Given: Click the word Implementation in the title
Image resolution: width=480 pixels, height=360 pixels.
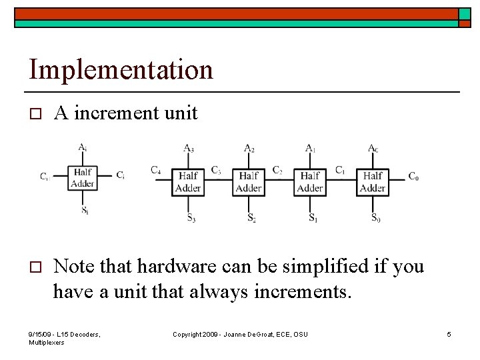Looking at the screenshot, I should [121, 69].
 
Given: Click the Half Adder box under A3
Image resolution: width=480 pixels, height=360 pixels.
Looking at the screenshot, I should [189, 181].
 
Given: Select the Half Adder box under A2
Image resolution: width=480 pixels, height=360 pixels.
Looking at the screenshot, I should [249, 181].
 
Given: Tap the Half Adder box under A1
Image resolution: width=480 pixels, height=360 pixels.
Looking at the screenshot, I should [310, 181].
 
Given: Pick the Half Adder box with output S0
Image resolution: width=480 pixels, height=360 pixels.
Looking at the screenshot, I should [373, 181].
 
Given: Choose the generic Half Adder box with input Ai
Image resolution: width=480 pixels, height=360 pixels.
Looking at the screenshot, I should [83, 177].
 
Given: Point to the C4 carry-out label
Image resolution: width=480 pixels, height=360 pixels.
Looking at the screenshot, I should [155, 171].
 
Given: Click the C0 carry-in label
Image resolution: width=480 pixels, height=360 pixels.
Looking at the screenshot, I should [413, 177].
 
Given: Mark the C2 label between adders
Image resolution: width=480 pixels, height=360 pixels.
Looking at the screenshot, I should [277, 170].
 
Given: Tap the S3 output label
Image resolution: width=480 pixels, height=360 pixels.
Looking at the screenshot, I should [190, 217].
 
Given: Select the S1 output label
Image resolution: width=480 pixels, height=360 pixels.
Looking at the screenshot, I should [312, 217].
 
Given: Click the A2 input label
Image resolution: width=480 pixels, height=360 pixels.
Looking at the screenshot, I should [249, 148].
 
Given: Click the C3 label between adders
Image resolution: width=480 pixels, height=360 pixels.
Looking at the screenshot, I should [216, 170].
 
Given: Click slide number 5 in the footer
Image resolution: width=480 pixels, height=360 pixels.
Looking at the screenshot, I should [449, 334].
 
